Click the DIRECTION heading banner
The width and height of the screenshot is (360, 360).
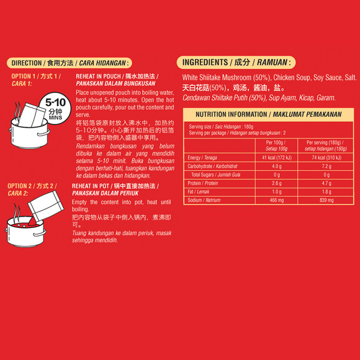click(70, 63)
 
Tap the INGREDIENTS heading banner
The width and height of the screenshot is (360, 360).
click(236, 62)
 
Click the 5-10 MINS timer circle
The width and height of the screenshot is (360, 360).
click(55, 109)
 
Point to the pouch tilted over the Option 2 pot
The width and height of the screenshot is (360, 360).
click(46, 205)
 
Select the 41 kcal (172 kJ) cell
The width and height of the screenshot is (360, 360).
click(277, 157)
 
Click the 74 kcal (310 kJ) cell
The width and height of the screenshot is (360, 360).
click(326, 157)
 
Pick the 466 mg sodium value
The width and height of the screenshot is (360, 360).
click(277, 200)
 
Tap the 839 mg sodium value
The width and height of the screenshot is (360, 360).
click(326, 200)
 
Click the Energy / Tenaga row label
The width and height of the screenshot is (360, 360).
click(202, 157)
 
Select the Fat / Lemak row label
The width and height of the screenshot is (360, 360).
click(199, 191)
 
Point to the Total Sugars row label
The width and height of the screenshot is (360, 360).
click(215, 175)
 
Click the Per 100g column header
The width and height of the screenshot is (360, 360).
click(276, 146)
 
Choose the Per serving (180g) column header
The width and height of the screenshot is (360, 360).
click(326, 146)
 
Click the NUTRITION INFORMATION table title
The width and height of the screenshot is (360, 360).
click(268, 115)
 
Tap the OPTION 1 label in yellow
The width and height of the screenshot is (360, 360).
click(36, 80)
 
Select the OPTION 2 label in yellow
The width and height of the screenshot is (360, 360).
click(32, 190)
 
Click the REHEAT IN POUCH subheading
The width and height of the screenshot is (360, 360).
click(117, 80)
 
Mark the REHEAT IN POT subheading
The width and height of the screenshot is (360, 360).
click(115, 190)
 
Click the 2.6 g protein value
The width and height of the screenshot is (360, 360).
click(277, 183)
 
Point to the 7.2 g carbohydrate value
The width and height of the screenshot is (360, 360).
click(326, 166)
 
